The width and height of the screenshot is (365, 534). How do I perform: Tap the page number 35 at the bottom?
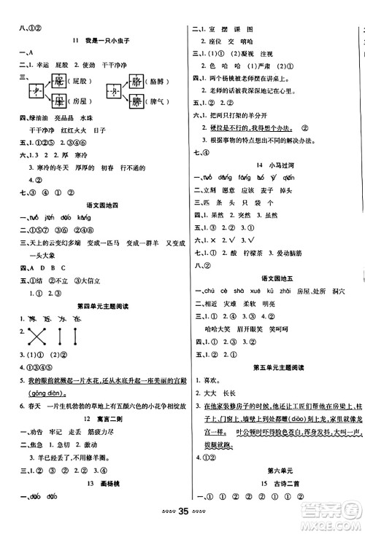tap(182, 522)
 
